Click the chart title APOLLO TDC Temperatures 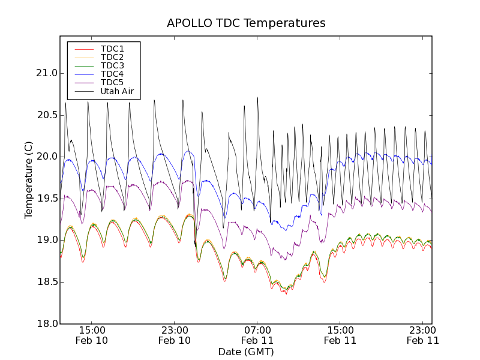[x=246, y=23]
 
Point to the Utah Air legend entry [x=117, y=91]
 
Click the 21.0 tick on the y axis [x=46, y=73]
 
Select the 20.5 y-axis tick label [x=46, y=115]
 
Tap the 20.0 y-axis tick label [x=46, y=157]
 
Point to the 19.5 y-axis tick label [x=46, y=199]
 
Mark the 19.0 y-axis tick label [x=46, y=240]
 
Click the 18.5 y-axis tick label [x=46, y=282]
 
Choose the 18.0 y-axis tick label [x=46, y=324]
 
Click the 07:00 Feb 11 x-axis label [x=257, y=335]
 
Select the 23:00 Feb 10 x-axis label [x=175, y=335]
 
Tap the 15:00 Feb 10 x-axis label [x=92, y=335]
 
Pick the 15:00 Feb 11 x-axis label [x=340, y=335]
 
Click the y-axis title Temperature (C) [x=29, y=179]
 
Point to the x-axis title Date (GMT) [x=246, y=352]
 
